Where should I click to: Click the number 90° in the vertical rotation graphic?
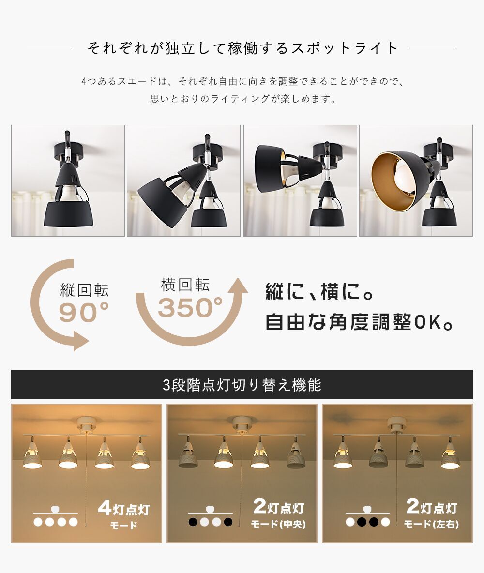(84, 313)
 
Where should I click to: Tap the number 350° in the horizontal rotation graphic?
(190, 307)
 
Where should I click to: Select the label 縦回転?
(84, 290)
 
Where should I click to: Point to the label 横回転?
(185, 285)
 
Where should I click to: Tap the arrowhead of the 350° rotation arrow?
(238, 286)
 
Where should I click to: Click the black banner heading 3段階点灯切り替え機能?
(242, 385)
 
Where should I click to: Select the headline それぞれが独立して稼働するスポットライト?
(242, 48)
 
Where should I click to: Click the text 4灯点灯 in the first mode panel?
(124, 508)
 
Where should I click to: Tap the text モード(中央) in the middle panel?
(278, 525)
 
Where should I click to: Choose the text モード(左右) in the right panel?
(431, 525)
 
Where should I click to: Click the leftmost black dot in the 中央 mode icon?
(193, 522)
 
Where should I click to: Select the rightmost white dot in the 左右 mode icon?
(385, 522)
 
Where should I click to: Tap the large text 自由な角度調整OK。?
(359, 322)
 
